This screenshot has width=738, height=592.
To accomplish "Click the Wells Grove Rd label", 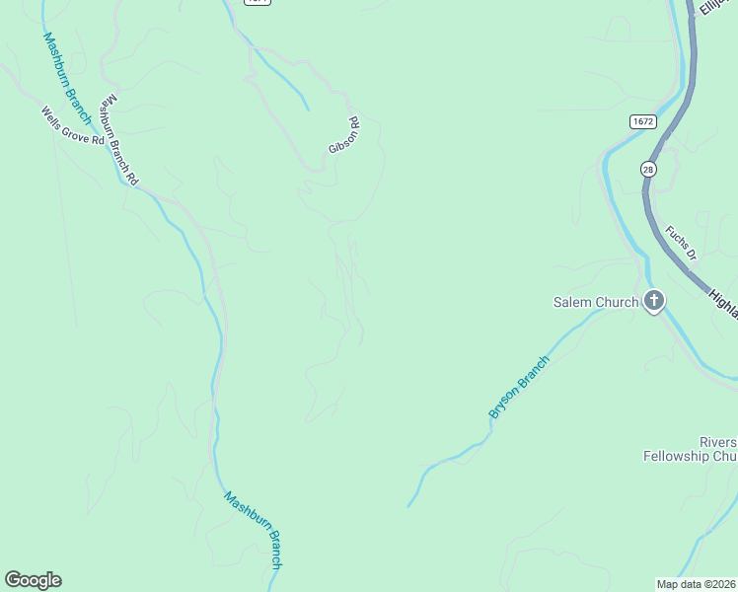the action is point(72,126).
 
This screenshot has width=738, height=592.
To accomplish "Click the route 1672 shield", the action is point(642,120).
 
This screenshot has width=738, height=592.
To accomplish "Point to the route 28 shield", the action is point(647,169).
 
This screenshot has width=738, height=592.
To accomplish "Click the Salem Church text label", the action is point(595,302).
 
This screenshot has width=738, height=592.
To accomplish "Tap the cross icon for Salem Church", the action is point(653,301).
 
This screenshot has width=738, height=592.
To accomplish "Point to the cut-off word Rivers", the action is point(717,440).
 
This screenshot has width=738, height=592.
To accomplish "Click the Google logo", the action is point(33,580).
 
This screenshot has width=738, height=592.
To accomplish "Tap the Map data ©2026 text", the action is point(697,584).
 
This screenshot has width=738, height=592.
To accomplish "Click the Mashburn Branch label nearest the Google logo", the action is point(255,530).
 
